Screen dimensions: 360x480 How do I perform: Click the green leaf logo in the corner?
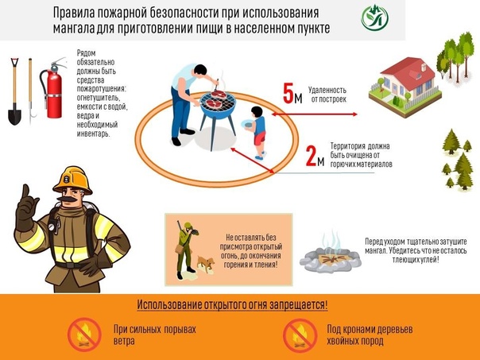coord(374,17)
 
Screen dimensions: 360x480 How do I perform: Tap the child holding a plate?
coord(257,130)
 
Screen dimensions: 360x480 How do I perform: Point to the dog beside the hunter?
coord(205,264)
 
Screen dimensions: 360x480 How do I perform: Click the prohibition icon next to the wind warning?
coord(83,335)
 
